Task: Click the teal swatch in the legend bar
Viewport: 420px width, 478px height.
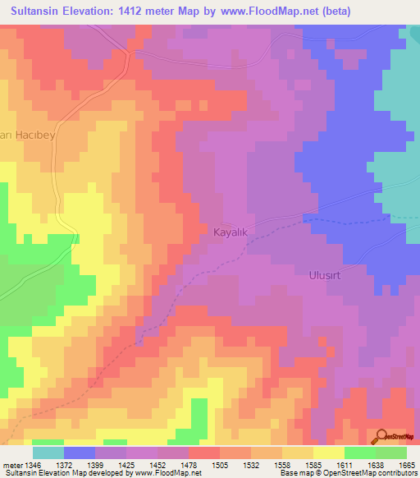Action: pos(48,453)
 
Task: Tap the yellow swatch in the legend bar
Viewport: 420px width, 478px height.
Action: pos(328,453)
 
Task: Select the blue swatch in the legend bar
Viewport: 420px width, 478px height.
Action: pos(80,453)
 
